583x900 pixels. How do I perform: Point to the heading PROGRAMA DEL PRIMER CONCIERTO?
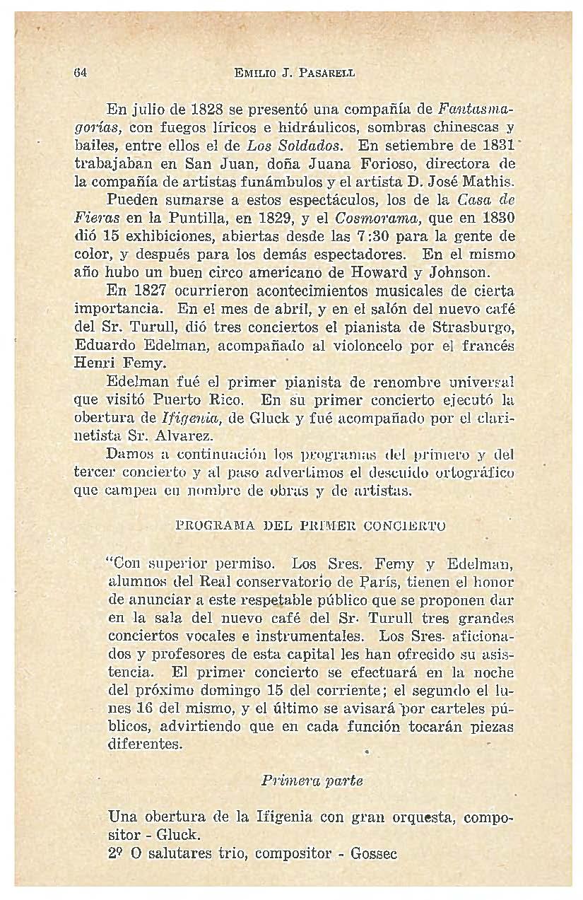click(x=310, y=526)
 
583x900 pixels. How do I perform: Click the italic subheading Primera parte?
click(x=311, y=781)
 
